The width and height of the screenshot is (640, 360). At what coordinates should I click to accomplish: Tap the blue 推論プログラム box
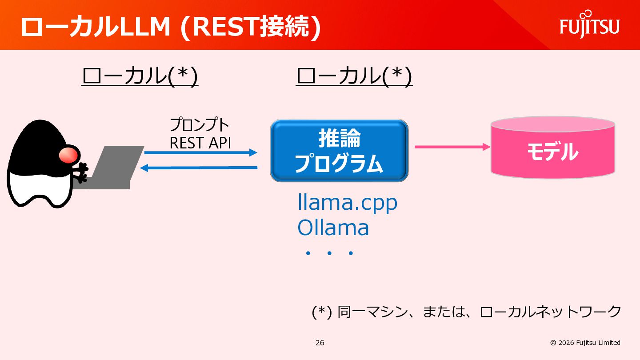pyautogui.click(x=339, y=151)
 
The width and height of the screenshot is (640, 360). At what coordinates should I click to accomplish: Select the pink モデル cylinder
pyautogui.click(x=553, y=147)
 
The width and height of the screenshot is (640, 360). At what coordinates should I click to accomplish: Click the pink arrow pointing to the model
pyautogui.click(x=452, y=147)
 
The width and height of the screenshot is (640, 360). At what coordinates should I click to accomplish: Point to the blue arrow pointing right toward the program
pyautogui.click(x=200, y=152)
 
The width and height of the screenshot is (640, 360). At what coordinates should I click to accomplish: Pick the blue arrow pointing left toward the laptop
pyautogui.click(x=199, y=168)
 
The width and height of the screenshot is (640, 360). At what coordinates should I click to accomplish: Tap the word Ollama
pyautogui.click(x=333, y=228)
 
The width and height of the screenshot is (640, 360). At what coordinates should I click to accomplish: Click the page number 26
pyautogui.click(x=320, y=343)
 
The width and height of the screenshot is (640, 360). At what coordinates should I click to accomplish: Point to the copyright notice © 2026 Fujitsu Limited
pyautogui.click(x=585, y=343)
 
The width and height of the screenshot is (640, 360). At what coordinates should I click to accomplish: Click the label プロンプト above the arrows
pyautogui.click(x=200, y=124)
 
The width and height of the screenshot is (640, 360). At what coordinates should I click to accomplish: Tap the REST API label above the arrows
pyautogui.click(x=200, y=143)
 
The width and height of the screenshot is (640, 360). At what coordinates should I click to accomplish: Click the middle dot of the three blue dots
pyautogui.click(x=329, y=253)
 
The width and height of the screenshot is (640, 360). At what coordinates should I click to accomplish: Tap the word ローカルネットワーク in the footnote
pyautogui.click(x=550, y=312)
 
